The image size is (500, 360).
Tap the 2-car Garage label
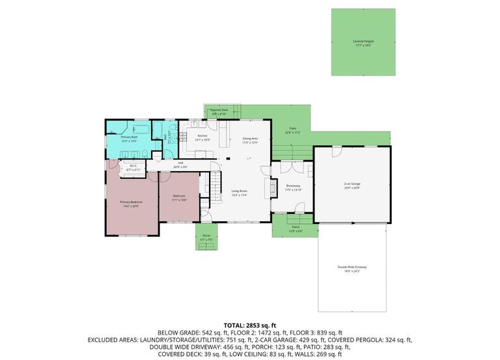click(352, 185)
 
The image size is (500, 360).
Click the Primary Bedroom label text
click(131, 203)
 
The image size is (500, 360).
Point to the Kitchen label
click(202, 137)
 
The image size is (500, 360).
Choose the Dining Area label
click(251, 139)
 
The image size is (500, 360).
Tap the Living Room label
click(240, 193)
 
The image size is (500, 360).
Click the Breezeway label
click(293, 187)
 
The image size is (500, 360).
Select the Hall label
click(180, 165)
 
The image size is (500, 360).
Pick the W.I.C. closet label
click(132, 167)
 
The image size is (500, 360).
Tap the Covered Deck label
click(219, 111)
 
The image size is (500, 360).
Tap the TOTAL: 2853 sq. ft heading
click(250, 324)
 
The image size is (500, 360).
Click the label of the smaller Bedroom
click(180, 197)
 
